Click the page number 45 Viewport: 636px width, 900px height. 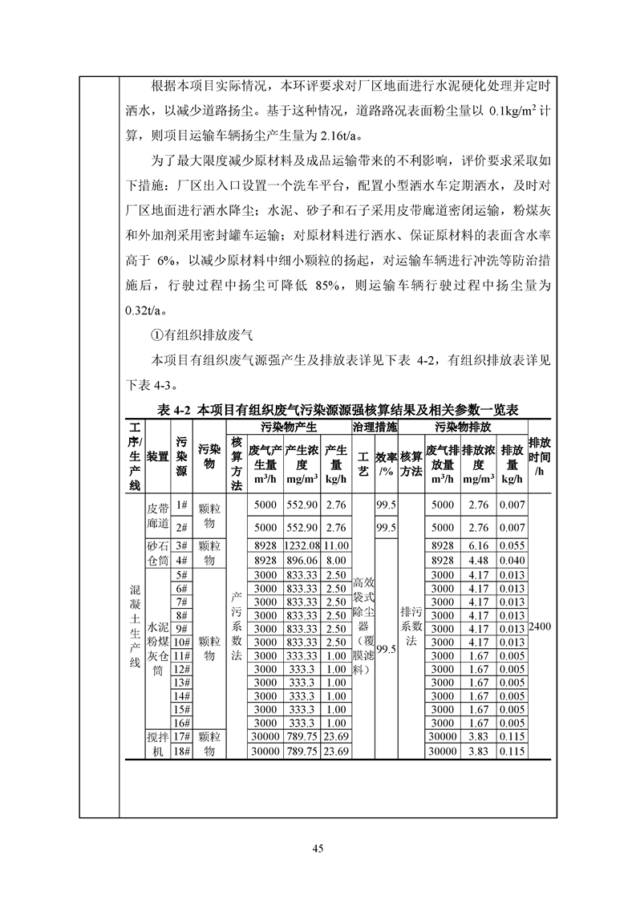[318, 849]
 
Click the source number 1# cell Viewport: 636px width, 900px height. [181, 505]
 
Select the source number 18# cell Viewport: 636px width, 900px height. [181, 752]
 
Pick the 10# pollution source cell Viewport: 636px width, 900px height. [181, 642]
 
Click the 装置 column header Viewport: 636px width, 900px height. [158, 456]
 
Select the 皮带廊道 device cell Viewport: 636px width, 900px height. [158, 517]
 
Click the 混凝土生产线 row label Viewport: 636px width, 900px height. [134, 626]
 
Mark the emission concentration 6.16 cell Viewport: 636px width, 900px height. [478, 545]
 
